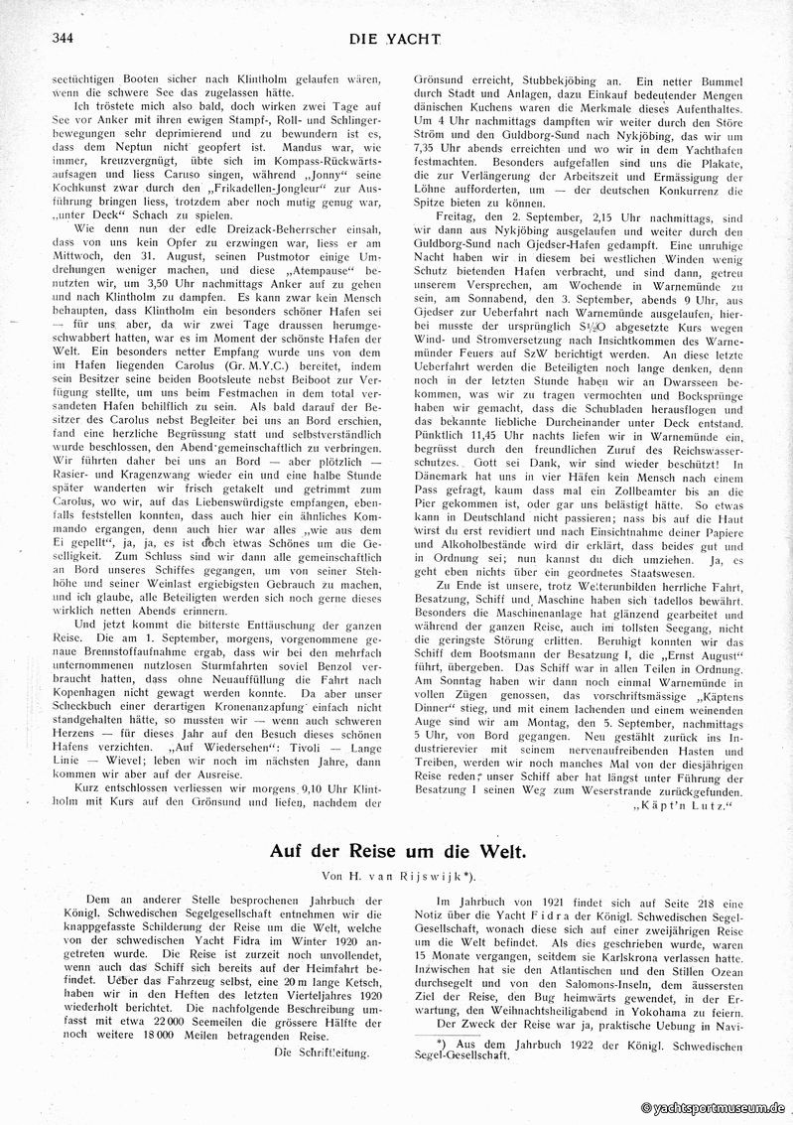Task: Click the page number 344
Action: [x=50, y=41]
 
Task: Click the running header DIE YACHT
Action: [x=396, y=41]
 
